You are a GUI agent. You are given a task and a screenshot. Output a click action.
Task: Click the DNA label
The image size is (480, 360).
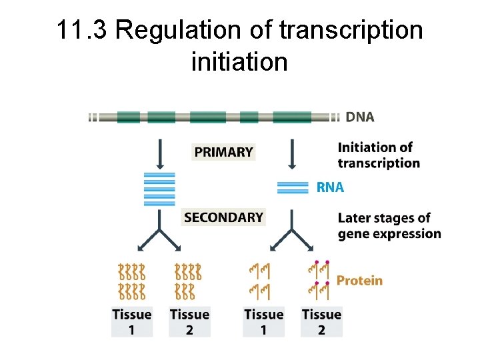(359, 117)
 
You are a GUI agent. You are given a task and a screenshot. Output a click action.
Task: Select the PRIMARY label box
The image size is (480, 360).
(223, 152)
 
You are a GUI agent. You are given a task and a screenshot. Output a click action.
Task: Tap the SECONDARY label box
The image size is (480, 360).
(223, 217)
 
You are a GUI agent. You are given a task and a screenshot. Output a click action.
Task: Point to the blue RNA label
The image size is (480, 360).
(330, 188)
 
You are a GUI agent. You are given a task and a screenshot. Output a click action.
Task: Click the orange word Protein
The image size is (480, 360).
(359, 281)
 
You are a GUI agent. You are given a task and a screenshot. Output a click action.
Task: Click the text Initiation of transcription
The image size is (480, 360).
(379, 155)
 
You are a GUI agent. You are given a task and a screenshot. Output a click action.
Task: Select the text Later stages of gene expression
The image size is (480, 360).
(389, 225)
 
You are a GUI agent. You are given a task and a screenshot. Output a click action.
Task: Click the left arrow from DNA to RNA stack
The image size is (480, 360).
(159, 153)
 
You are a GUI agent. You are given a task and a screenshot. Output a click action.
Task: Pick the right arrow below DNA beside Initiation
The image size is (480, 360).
(291, 153)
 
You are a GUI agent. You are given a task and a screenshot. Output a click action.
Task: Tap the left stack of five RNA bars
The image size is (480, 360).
(159, 189)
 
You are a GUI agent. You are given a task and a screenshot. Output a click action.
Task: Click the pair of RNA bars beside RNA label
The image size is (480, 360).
(293, 187)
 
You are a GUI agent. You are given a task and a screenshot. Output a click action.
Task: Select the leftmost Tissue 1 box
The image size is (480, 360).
(131, 321)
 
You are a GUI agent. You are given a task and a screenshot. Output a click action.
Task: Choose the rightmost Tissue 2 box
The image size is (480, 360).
(321, 321)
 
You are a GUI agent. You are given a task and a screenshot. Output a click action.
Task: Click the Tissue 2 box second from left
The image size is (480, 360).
(189, 321)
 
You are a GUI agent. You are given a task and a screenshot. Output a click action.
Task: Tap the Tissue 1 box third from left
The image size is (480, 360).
(264, 321)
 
